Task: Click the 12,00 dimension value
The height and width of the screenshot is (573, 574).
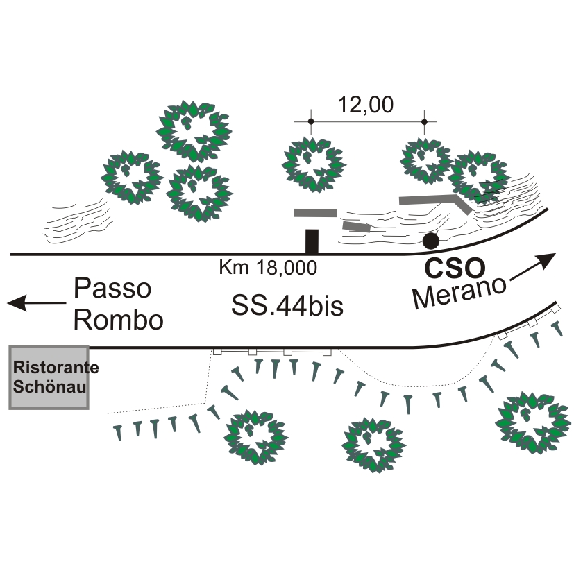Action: (x=366, y=105)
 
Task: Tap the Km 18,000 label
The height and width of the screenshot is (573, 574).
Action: (x=268, y=267)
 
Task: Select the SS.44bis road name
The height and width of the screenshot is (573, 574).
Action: (x=287, y=305)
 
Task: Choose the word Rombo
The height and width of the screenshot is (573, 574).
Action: (x=119, y=320)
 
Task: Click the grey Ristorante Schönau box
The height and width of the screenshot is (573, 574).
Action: (x=48, y=377)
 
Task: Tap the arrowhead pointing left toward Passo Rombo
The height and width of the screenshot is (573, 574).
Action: (x=17, y=303)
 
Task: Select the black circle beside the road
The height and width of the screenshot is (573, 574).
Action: (x=431, y=241)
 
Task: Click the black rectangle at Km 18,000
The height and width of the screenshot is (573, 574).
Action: (x=312, y=241)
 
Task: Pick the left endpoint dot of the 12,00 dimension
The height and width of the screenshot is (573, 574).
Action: (x=311, y=122)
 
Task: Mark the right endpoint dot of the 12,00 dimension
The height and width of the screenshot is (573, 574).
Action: (x=425, y=122)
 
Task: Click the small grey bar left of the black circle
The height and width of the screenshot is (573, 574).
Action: (x=357, y=226)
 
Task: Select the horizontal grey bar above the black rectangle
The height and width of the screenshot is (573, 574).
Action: (x=315, y=212)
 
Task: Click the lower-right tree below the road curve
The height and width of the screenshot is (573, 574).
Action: (x=530, y=424)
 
